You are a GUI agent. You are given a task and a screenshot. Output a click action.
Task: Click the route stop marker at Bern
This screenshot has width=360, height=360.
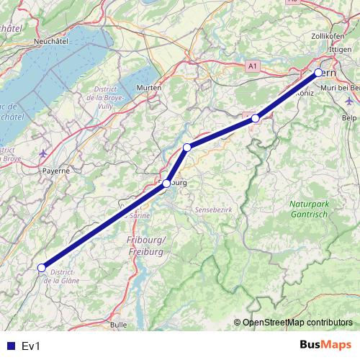[318, 73]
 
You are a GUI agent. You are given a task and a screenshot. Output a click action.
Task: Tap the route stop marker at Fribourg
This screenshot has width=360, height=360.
[166, 184]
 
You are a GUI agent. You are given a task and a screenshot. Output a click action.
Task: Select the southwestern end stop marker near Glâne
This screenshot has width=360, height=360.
[41, 268]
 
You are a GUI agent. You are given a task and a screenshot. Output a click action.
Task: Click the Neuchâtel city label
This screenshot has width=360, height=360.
[50, 42]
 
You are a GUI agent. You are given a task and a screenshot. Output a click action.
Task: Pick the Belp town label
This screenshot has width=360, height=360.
[349, 117]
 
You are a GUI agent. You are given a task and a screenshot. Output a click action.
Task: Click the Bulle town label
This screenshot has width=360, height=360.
[119, 325]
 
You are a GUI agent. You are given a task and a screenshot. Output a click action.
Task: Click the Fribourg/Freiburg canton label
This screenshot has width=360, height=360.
[146, 246]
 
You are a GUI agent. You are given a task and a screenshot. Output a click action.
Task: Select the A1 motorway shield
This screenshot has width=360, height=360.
[251, 66]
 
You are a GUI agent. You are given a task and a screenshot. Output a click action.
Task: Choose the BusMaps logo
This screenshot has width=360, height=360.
[325, 346]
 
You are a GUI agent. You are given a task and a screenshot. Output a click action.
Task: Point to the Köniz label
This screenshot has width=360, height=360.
[306, 94]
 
